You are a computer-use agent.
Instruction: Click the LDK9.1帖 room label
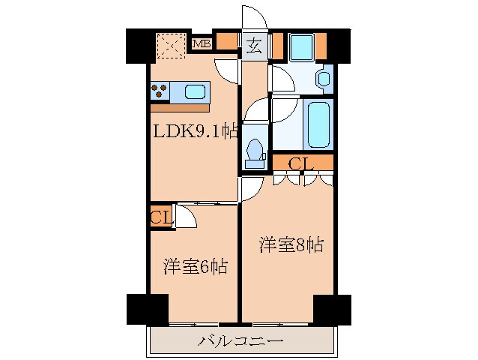point(195,132)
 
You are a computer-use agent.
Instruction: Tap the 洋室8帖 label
point(291,244)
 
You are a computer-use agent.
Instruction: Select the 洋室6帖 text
point(196,265)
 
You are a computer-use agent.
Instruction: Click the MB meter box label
point(202,43)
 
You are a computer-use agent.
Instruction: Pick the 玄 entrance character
point(252,46)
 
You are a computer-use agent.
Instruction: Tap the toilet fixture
point(254,151)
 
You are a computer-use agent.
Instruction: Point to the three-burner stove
point(160,91)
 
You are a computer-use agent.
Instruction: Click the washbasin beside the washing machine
point(323,77)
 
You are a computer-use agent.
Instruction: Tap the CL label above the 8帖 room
point(301,163)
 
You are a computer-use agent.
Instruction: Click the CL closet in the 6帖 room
point(160,218)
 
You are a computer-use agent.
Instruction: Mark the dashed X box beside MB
point(172,46)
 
